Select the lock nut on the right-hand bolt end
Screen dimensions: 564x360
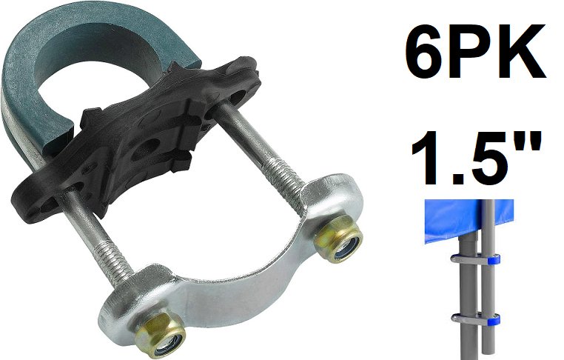[339, 239]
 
